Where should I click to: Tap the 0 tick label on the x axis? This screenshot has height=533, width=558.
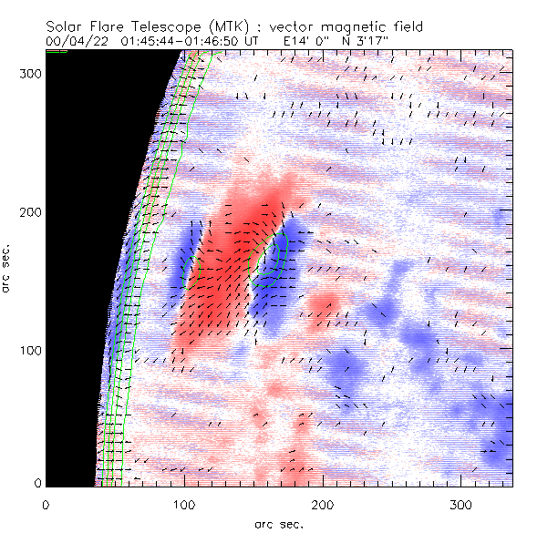pyautogui.click(x=46, y=504)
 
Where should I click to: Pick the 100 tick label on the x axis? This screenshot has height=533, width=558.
pyautogui.click(x=184, y=504)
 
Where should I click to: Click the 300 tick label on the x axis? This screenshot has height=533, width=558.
pyautogui.click(x=461, y=504)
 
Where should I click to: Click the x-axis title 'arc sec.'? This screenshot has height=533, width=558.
pyautogui.click(x=278, y=524)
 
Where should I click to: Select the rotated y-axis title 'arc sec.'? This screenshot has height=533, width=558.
pyautogui.click(x=8, y=269)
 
